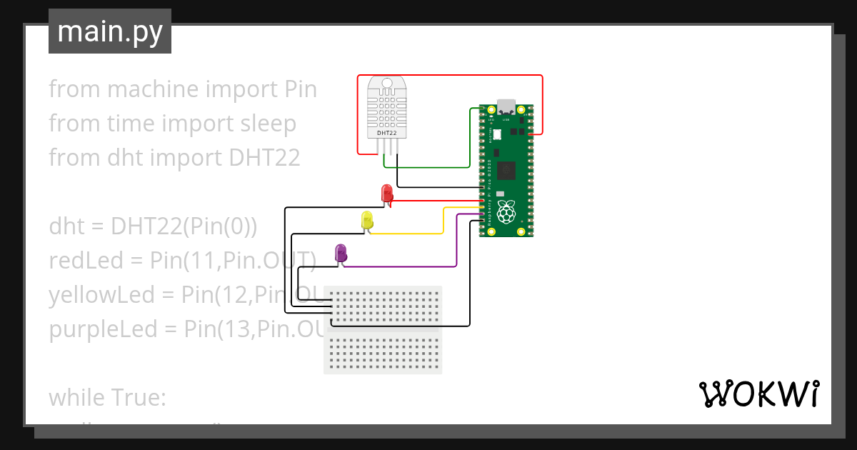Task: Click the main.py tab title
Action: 109,31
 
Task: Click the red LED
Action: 386,194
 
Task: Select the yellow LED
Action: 367,220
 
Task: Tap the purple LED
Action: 341,252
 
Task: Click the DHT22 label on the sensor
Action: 386,133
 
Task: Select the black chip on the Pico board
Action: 506,170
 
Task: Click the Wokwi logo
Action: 758,394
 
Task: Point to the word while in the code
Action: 76,397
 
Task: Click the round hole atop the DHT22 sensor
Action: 386,84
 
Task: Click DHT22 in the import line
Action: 265,158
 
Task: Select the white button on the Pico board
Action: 497,134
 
